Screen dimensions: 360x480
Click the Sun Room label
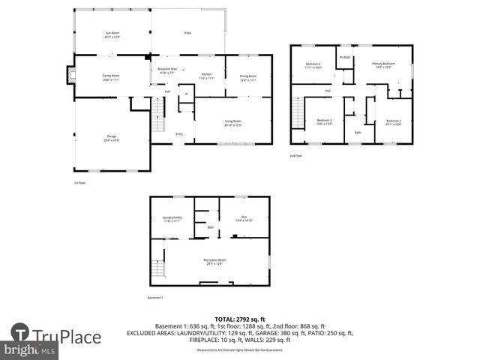tap(112, 34)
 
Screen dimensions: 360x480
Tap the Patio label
tap(187, 33)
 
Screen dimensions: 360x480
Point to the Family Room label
tap(112, 76)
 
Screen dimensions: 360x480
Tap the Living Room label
tap(232, 123)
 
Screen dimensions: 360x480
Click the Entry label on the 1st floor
tap(179, 134)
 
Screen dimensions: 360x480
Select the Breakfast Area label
tap(167, 72)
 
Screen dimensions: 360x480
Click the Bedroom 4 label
tap(313, 65)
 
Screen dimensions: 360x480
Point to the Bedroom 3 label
tap(324, 121)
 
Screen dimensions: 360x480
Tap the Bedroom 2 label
tap(394, 121)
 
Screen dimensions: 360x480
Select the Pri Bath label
tap(345, 57)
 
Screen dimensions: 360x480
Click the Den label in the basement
tap(244, 219)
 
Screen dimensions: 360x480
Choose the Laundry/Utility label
tap(172, 220)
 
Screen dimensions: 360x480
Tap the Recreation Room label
tap(213, 262)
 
